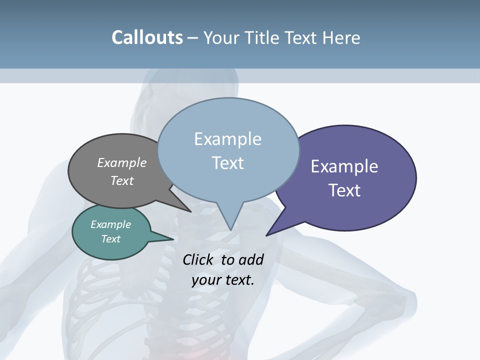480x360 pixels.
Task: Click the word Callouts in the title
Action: coord(147,37)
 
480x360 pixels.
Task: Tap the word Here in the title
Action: coord(341,37)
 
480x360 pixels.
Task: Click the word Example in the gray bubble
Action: coord(122,162)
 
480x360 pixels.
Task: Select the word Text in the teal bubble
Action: coord(111,239)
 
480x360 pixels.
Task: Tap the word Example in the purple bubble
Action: coord(344,166)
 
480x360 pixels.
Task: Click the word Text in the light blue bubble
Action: coord(228,163)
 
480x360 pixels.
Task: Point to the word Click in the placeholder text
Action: coord(198,259)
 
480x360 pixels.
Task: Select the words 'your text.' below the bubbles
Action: coord(223,280)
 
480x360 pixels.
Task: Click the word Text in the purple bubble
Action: coord(344,190)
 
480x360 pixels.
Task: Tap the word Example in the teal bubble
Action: coord(111,224)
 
